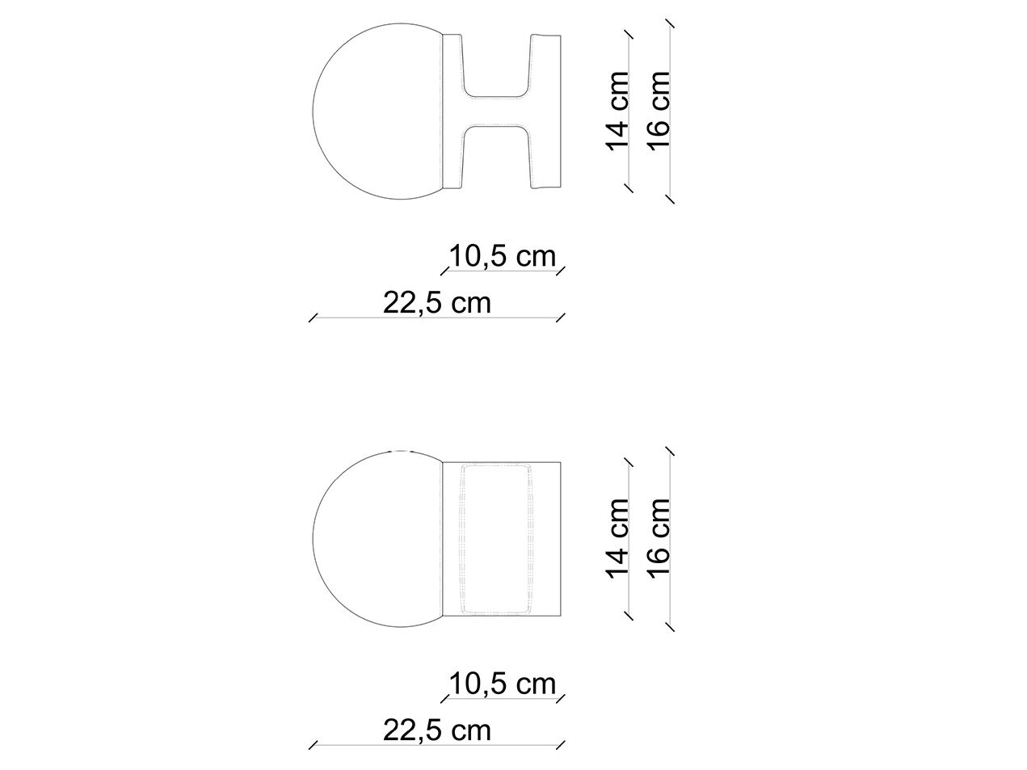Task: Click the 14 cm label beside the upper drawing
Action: pyautogui.click(x=617, y=110)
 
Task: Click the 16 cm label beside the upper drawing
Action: pyautogui.click(x=659, y=110)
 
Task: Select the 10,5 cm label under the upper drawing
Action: pyautogui.click(x=503, y=257)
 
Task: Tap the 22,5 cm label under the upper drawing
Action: pyautogui.click(x=436, y=303)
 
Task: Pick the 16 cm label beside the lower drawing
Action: pyautogui.click(x=659, y=537)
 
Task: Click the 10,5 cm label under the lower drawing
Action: pyautogui.click(x=503, y=684)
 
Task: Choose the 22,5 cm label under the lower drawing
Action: pyautogui.click(x=436, y=730)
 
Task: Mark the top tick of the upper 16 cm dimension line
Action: pyautogui.click(x=669, y=23)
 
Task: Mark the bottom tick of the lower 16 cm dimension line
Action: pyautogui.click(x=669, y=627)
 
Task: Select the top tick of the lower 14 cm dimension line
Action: pyautogui.click(x=629, y=461)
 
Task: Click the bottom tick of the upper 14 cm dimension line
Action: pyautogui.click(x=629, y=187)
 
